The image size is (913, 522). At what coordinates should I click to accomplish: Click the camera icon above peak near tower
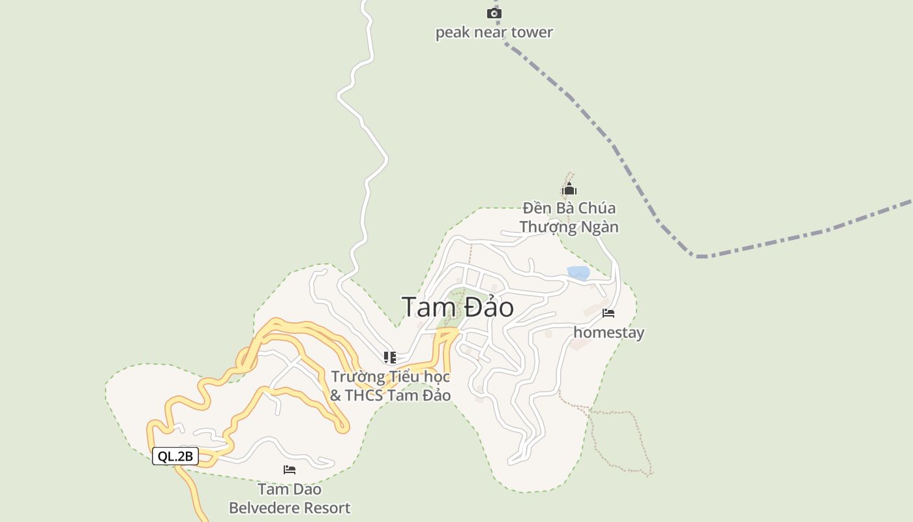(494, 13)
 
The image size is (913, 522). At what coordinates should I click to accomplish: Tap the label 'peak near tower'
(494, 32)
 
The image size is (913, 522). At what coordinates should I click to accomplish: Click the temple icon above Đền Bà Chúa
(569, 190)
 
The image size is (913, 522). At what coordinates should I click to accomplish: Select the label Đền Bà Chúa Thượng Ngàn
(569, 218)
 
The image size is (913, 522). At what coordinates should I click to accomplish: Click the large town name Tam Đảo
(457, 307)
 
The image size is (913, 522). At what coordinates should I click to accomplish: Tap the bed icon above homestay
(608, 313)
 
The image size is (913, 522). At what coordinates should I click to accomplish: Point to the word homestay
(608, 332)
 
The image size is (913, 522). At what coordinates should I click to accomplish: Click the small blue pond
(578, 273)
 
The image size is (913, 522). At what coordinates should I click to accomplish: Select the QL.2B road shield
(175, 456)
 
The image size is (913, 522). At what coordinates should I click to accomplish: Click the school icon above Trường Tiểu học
(390, 357)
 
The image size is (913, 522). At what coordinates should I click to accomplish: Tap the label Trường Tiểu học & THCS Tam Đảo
(390, 386)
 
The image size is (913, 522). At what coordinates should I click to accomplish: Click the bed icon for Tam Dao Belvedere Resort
(290, 470)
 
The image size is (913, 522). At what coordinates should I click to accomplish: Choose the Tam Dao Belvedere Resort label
(290, 499)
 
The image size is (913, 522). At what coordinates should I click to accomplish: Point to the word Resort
(324, 508)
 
